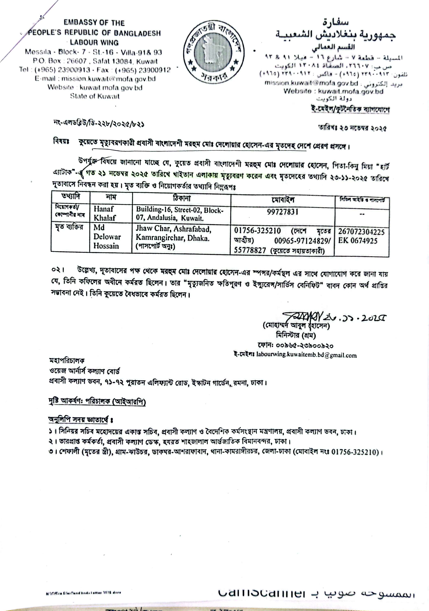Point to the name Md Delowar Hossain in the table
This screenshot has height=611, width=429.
pyautogui.click(x=107, y=237)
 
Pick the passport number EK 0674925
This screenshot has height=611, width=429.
pyautogui.click(x=358, y=241)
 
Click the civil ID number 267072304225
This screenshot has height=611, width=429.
pyautogui.click(x=361, y=232)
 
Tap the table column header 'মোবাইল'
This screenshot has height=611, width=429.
pyautogui.click(x=283, y=199)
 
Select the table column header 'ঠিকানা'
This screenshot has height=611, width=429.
pyautogui.click(x=182, y=198)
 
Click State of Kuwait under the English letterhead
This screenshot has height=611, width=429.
pyautogui.click(x=95, y=96)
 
